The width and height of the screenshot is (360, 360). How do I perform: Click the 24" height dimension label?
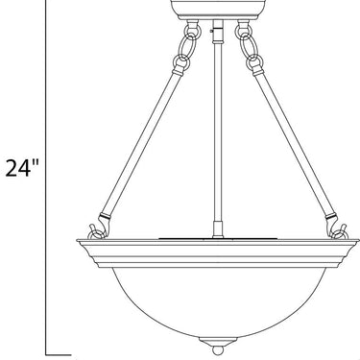click(x=22, y=168)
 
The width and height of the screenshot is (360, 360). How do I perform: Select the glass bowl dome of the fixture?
click(x=219, y=300)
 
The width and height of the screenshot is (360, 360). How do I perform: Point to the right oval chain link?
click(x=248, y=46)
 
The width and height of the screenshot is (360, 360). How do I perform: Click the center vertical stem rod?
click(x=218, y=128)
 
